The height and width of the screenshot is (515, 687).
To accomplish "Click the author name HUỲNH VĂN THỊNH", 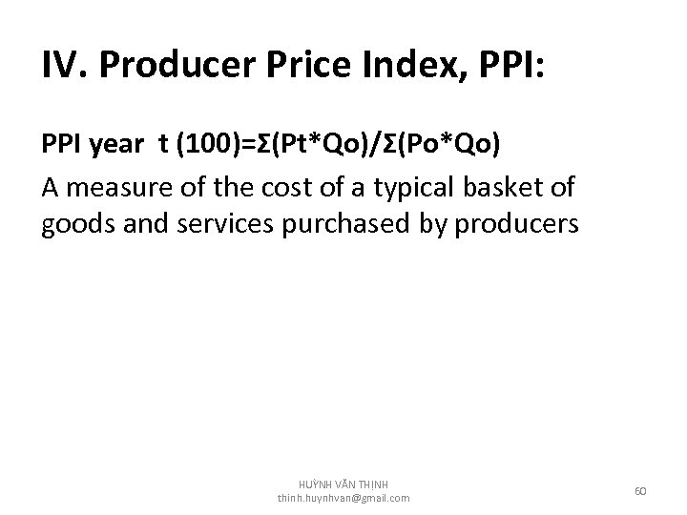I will [x=343, y=484].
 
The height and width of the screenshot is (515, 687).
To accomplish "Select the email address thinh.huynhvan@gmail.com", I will [x=343, y=498].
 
